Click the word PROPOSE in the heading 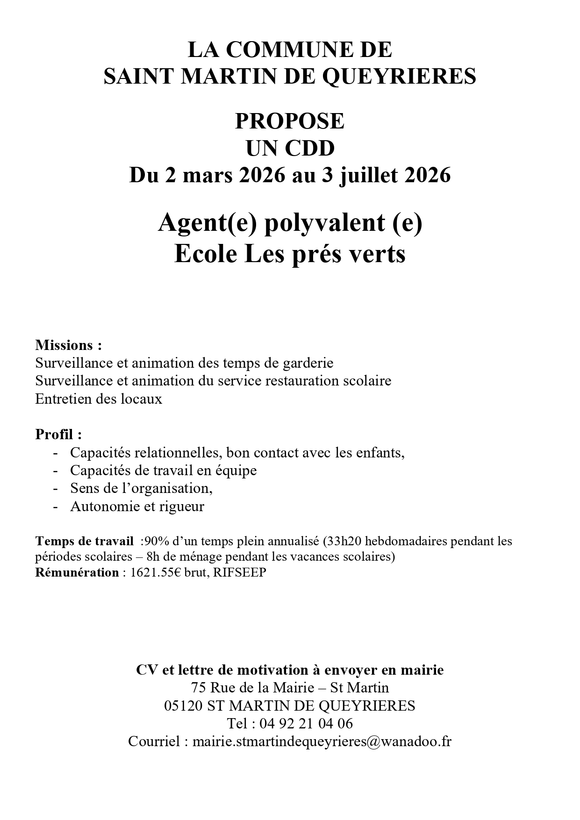[x=289, y=121]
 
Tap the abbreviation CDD [x=310, y=149]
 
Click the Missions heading [x=68, y=345]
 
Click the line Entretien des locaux [x=99, y=399]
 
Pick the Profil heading [x=58, y=435]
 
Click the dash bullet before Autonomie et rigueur [x=56, y=507]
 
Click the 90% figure [x=153, y=542]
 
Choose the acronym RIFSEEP [x=239, y=572]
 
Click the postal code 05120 [x=183, y=706]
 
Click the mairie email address [x=322, y=742]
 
